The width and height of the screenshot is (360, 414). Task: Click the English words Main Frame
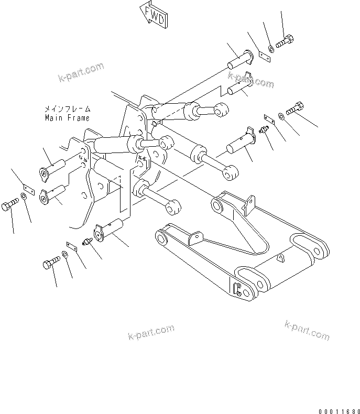(x=67, y=118)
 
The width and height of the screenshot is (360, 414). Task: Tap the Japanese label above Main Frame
(x=67, y=110)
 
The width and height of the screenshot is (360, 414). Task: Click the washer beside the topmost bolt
(x=270, y=50)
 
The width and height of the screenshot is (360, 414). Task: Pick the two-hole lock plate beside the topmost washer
(x=260, y=56)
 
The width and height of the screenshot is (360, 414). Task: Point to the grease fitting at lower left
(x=89, y=241)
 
